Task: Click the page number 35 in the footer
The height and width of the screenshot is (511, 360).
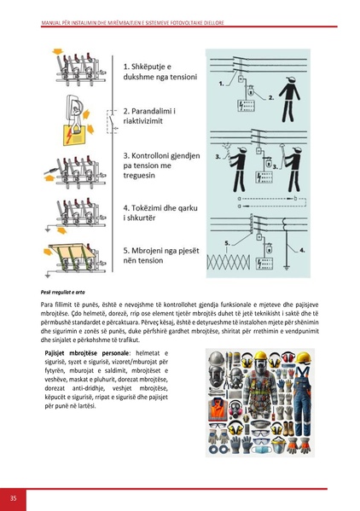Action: [13, 497]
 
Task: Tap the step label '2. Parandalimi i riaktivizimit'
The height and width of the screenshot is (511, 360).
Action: [154, 117]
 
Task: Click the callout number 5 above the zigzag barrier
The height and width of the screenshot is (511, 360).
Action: [227, 242]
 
